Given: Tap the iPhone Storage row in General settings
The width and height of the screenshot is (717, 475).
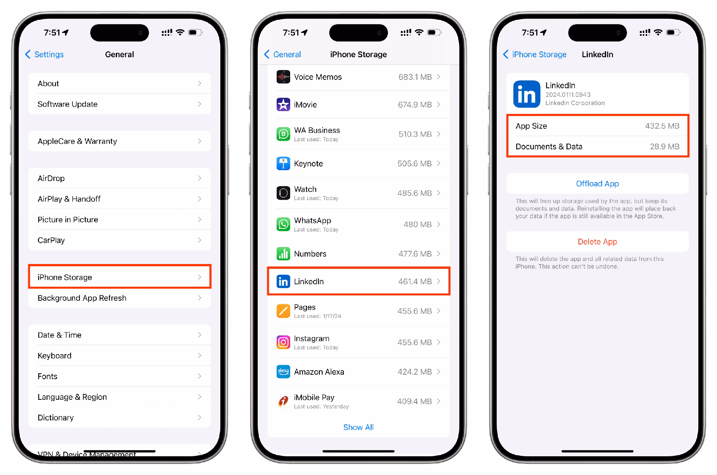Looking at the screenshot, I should pos(119,277).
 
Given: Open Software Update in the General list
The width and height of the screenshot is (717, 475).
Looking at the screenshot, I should pos(119,104).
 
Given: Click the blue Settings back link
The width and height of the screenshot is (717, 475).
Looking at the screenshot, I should pos(45,55).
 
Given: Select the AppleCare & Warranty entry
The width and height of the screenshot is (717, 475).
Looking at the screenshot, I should pos(119,141).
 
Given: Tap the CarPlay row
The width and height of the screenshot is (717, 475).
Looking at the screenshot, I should pos(119,240).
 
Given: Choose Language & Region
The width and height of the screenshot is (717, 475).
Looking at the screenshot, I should pos(119,397).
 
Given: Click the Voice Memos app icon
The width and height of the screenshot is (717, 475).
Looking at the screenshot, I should pos(283,77).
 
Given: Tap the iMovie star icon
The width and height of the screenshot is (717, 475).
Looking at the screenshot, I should pos(283,105).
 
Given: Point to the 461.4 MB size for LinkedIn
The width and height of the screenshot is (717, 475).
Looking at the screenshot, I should pos(415,281).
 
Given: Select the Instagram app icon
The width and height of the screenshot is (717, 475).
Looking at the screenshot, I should pos(283,342).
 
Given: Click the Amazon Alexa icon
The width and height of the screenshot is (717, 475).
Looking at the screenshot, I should pos(283,372).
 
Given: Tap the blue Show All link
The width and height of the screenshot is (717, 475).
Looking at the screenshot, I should pos(358,427).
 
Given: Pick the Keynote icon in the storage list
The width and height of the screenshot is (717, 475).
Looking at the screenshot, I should pos(283,163).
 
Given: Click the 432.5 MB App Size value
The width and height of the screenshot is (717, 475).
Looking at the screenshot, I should pos(662,126).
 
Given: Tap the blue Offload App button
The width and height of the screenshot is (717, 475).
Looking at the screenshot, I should pos(597,184).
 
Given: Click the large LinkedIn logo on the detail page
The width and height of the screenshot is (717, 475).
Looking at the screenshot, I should pos(527,94).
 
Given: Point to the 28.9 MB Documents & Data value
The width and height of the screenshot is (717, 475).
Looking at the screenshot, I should pos(664,147).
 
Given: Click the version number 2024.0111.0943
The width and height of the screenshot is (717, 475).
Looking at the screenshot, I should pos(568,95).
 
